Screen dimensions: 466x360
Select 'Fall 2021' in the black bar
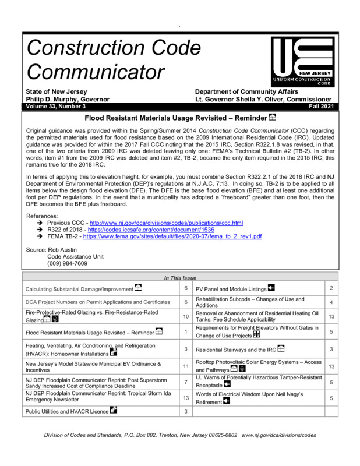coord(320,107)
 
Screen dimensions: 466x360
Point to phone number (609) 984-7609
coord(67,263)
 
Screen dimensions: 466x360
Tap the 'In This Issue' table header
coord(180,277)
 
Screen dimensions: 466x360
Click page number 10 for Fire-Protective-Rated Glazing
coord(185,316)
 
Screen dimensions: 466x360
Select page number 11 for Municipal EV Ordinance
coord(185,366)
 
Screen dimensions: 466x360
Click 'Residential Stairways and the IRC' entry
coord(235,349)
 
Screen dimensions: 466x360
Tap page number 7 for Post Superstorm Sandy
coord(185,382)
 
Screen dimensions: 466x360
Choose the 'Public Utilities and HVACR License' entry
coord(66,411)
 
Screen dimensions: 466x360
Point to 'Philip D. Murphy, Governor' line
coord(67,100)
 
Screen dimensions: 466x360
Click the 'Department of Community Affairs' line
coord(246,92)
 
